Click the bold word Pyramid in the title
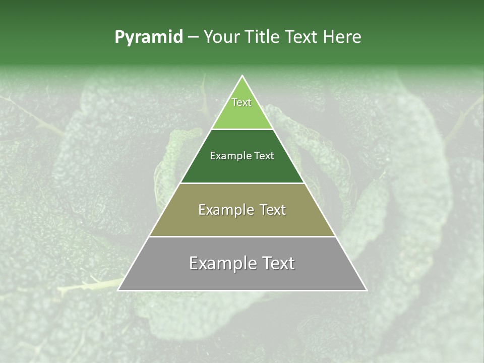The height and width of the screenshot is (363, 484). [149, 37]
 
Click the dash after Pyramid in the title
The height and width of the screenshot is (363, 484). [193, 37]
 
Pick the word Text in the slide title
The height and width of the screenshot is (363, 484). [303, 37]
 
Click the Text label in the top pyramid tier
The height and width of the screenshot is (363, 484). [241, 102]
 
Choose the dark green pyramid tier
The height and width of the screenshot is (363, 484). [242, 169]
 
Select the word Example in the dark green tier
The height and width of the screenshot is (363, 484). [230, 156]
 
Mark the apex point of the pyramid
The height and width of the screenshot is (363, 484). [243, 76]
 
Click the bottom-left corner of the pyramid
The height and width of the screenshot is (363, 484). [118, 290]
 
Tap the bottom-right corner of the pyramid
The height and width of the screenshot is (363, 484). [367, 290]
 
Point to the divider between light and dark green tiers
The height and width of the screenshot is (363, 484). [242, 130]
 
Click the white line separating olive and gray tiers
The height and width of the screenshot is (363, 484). [242, 236]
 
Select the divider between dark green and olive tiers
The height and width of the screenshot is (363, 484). [242, 183]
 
